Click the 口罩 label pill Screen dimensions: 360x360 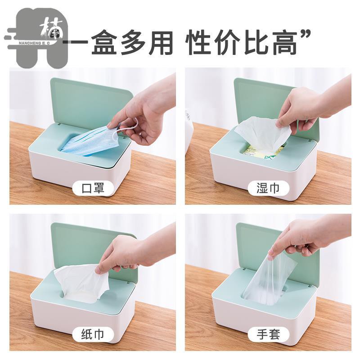coord(93,188)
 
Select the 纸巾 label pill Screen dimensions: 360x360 coord(93,335)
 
